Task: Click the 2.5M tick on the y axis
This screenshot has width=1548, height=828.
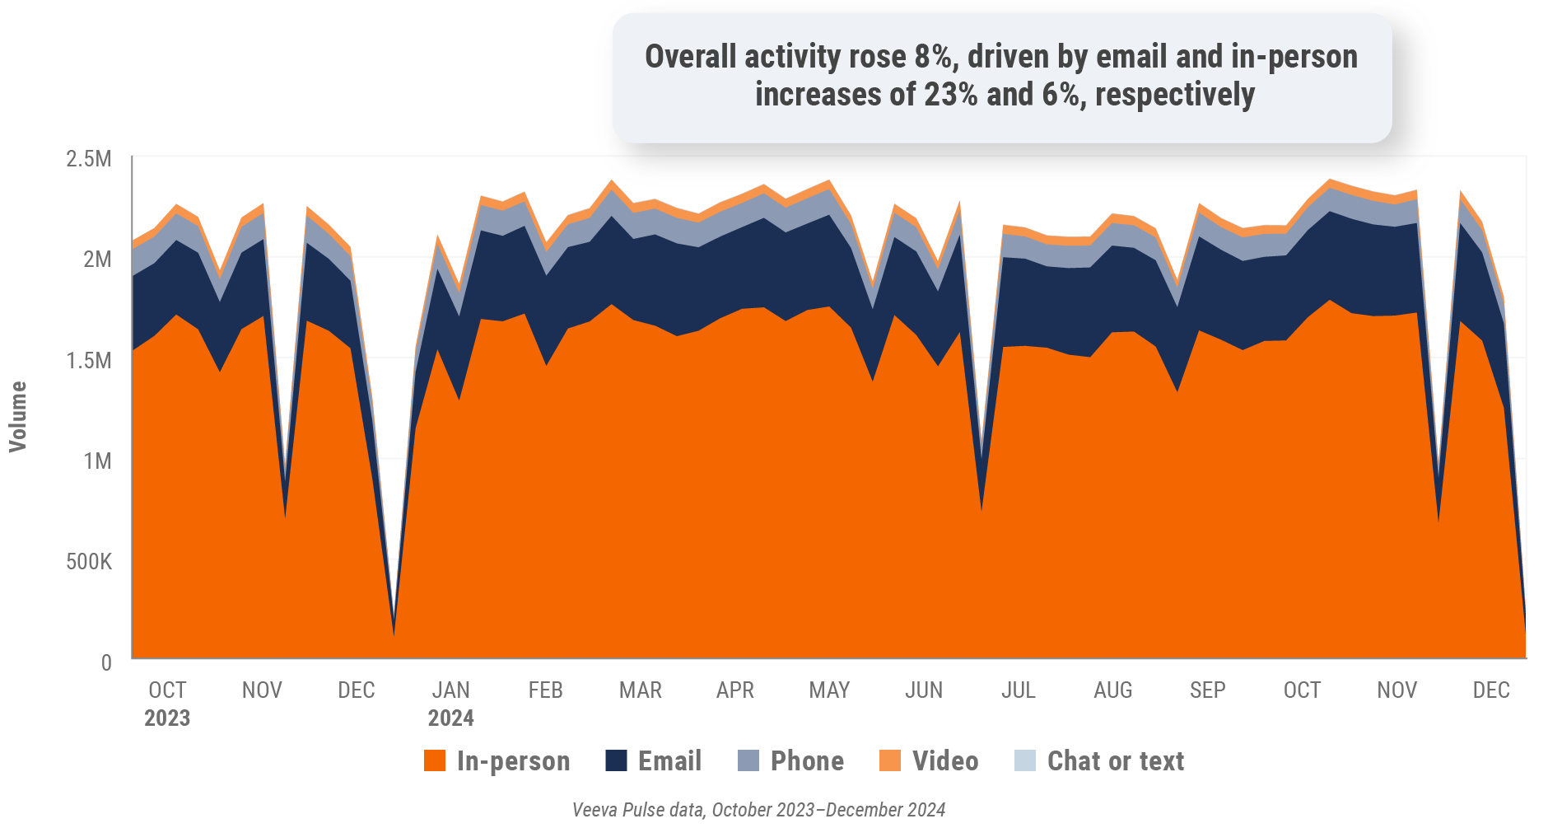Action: pos(88,159)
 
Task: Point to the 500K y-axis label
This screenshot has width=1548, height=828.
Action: pos(89,562)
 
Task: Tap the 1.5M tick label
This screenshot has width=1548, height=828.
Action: pos(89,361)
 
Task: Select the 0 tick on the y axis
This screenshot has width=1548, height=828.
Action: pos(106,662)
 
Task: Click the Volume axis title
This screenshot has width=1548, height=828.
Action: pos(18,416)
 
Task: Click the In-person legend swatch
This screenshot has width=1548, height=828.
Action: pos(435,760)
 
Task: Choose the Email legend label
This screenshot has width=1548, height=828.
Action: pos(669,760)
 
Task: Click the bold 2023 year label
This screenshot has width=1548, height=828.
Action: pos(167,718)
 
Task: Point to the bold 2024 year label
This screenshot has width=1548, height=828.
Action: pos(450,718)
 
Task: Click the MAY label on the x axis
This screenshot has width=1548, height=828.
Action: pos(829,690)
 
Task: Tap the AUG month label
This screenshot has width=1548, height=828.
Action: pos(1112,690)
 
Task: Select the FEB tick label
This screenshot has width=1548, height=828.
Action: pos(545,690)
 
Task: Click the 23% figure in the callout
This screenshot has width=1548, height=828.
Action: pos(951,95)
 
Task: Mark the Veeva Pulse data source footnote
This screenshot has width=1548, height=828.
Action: pos(758,810)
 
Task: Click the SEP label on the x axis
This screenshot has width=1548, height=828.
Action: pos(1207,690)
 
